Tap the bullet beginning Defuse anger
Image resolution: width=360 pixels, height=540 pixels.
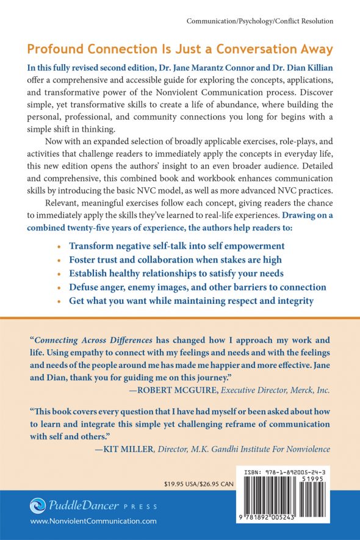(x=198, y=287)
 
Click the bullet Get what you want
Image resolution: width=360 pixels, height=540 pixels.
(x=192, y=301)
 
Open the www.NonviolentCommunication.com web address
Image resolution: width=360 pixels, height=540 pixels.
(x=93, y=522)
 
